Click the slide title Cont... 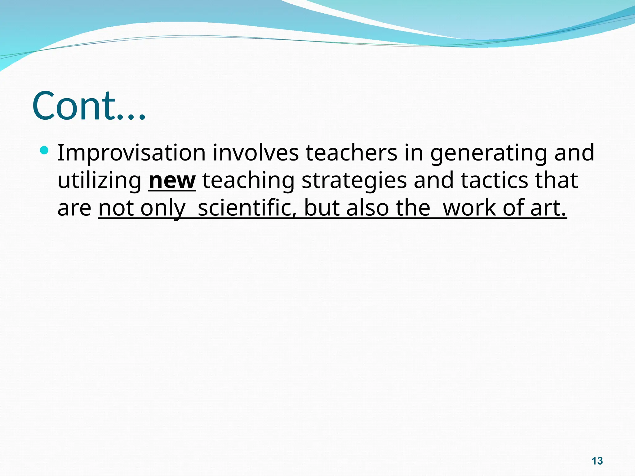coord(88,106)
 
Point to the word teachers coord(351,153)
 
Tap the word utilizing coord(99,181)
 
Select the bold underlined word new coord(172,181)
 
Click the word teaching coord(248,181)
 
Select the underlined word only coord(163,208)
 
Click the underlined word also coord(367,208)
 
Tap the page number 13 coord(597,461)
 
